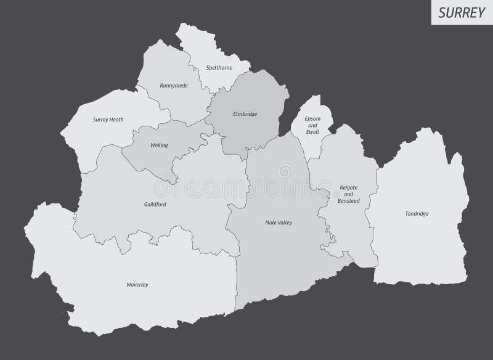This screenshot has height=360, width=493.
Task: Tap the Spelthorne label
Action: tap(219, 68)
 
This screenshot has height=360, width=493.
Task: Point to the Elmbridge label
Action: tap(245, 114)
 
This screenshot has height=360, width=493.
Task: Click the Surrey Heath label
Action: tap(108, 119)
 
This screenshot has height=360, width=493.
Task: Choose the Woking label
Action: tap(159, 145)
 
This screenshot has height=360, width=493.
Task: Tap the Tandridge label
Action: tap(417, 213)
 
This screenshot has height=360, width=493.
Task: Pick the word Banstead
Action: tap(348, 200)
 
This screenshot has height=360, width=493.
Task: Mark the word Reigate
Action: tap(348, 187)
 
